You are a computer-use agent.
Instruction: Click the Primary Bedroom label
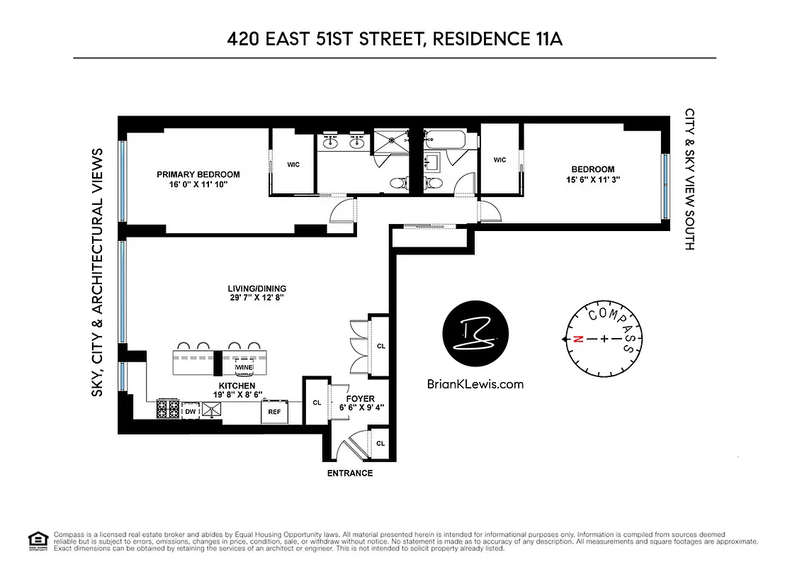point(198,174)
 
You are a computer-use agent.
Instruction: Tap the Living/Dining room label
point(256,288)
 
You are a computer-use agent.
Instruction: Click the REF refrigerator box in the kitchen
point(273,410)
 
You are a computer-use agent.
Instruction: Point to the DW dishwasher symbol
point(190,410)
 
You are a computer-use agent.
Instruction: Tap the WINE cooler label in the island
point(244,367)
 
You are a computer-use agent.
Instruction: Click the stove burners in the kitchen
point(169,408)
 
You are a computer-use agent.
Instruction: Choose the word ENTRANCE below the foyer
point(349,473)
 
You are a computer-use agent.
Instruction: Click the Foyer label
point(361,399)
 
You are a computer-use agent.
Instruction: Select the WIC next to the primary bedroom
point(293,164)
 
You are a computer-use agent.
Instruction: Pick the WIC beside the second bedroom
point(500,160)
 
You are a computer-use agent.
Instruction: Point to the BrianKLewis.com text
point(475,384)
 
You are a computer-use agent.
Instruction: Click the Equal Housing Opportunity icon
point(35,540)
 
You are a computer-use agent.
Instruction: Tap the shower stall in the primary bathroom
point(392,140)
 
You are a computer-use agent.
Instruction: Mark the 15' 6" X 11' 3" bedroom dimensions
point(593,180)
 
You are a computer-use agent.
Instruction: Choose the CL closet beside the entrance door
point(380,444)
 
